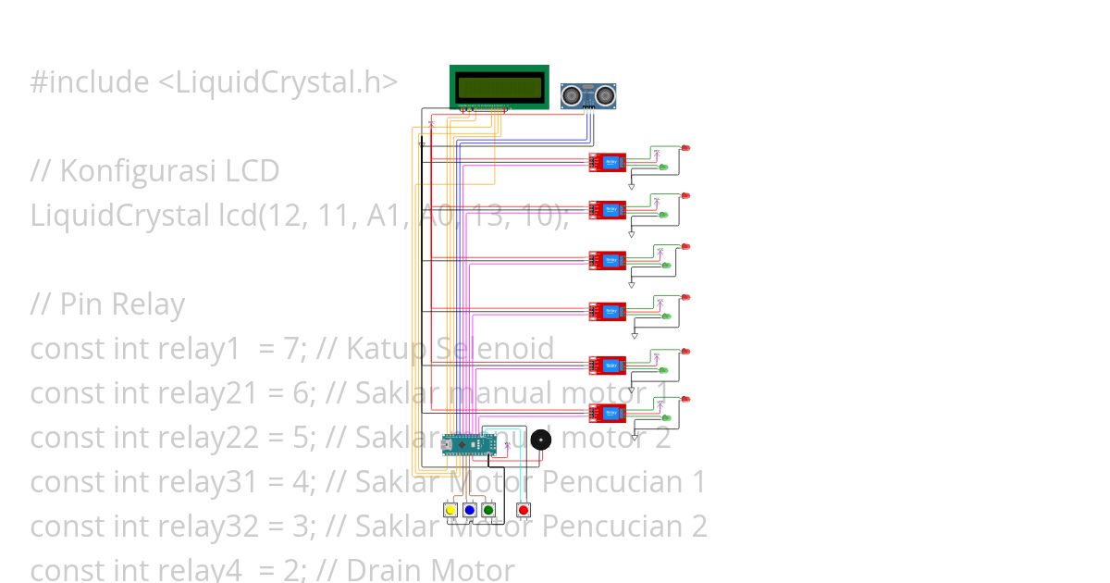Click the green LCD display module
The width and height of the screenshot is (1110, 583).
(499, 87)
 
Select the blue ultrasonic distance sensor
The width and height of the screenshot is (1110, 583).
(588, 94)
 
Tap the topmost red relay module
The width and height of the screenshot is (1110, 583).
(608, 163)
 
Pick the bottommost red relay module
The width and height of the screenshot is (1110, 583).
(608, 412)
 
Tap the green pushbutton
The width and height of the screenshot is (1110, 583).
(487, 510)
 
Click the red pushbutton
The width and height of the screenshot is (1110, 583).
(524, 510)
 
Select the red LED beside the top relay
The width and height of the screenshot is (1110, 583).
(685, 148)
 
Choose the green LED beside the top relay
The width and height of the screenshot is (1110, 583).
(664, 167)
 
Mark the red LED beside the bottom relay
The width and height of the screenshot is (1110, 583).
(685, 399)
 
